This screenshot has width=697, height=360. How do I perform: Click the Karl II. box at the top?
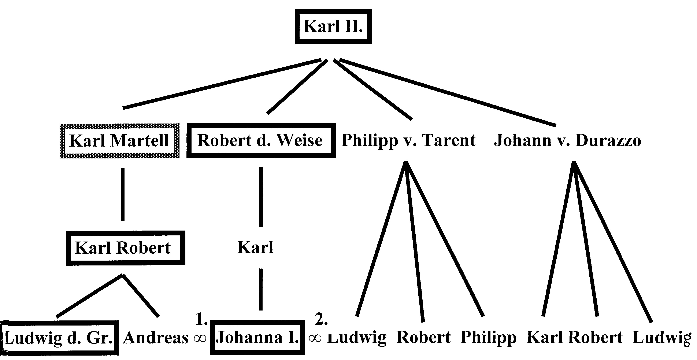pos(333,26)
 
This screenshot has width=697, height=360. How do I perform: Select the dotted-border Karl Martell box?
pos(120,141)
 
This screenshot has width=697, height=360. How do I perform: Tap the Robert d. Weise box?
pos(261,140)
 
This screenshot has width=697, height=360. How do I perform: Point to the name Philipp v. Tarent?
pos(409,140)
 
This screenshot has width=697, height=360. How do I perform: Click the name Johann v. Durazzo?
pos(567,141)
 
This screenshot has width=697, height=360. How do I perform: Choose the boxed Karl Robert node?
pos(126,248)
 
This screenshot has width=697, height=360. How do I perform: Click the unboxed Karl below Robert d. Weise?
pos(255,247)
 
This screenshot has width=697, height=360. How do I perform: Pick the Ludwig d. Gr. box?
pos(60,338)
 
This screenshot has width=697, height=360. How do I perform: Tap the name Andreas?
pos(156,338)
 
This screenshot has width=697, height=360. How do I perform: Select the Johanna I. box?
pos(257,338)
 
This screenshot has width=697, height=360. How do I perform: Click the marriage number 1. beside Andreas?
pos(201,319)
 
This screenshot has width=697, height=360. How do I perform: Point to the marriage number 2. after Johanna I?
pos(321,319)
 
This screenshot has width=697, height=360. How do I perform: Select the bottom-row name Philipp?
pos(489,338)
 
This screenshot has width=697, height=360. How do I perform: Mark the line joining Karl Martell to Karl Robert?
pos(123,194)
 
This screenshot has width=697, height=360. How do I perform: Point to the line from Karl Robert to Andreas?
pos(141,295)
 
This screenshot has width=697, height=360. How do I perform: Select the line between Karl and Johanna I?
pos(261,289)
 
